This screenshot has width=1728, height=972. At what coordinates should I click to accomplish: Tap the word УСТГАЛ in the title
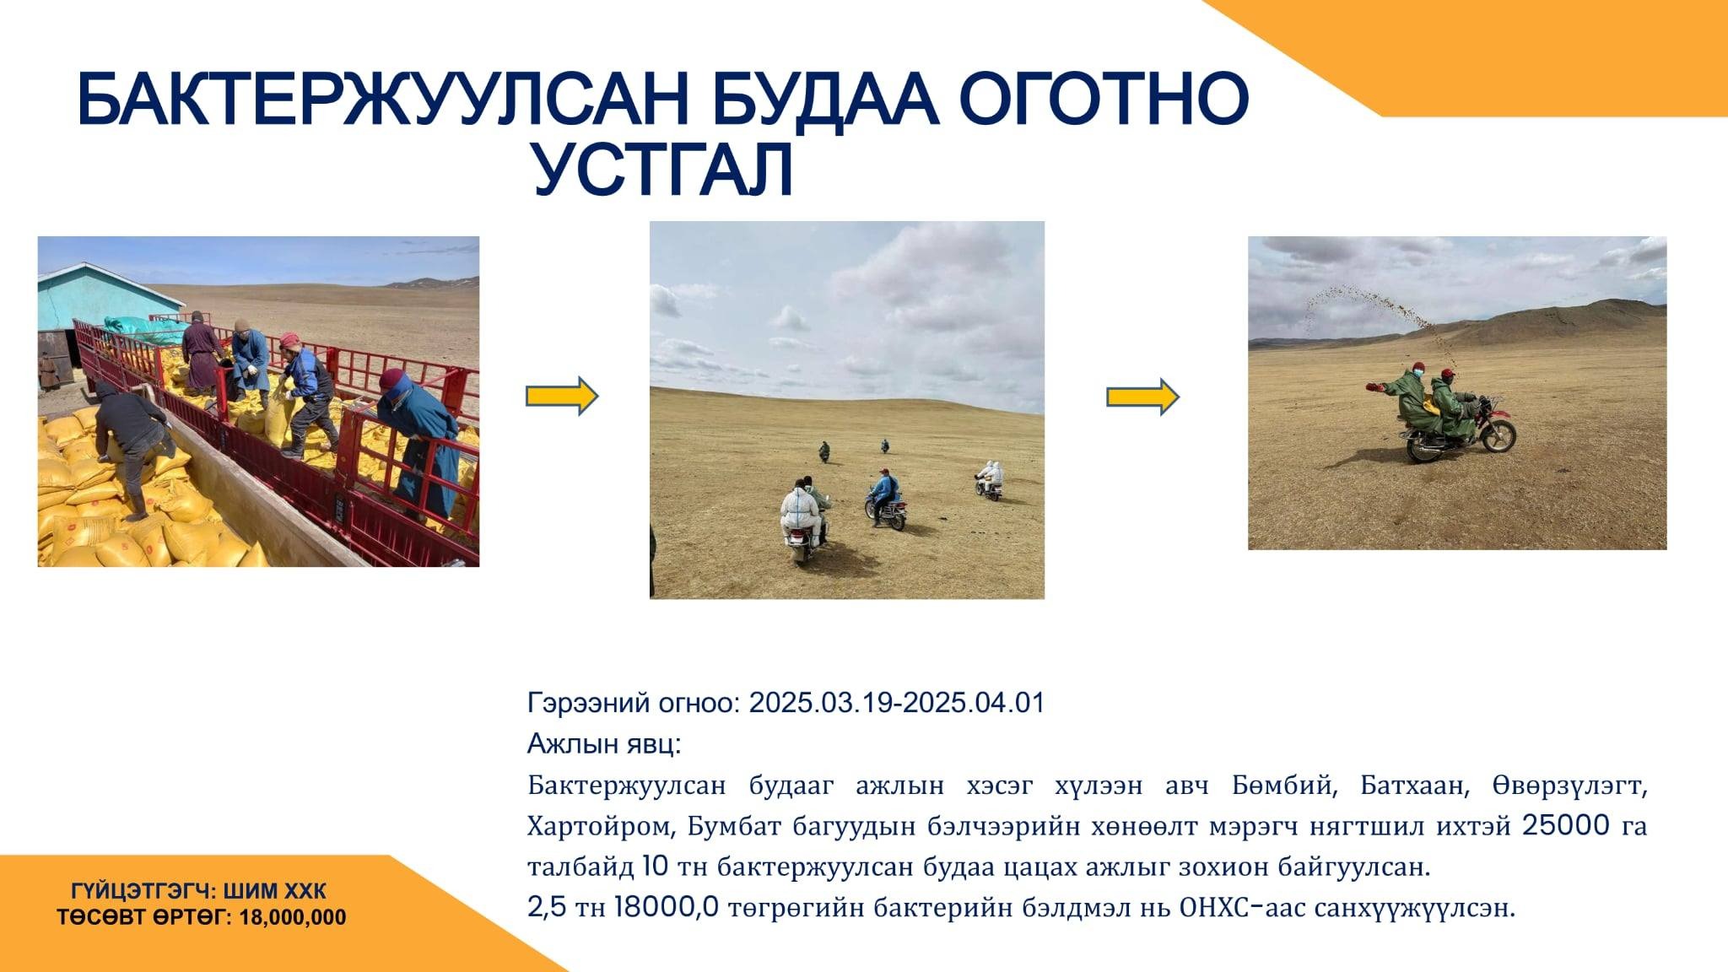click(664, 170)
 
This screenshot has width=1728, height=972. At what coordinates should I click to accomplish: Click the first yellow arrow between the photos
click(562, 396)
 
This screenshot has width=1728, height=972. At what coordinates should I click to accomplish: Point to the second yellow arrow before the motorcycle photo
click(1142, 396)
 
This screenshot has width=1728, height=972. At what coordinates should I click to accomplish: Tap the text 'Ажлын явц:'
click(604, 744)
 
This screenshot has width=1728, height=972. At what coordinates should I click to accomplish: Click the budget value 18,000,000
click(293, 918)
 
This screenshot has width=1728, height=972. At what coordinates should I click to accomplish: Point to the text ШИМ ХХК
click(273, 892)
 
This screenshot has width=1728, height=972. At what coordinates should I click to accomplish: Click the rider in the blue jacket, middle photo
click(884, 494)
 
